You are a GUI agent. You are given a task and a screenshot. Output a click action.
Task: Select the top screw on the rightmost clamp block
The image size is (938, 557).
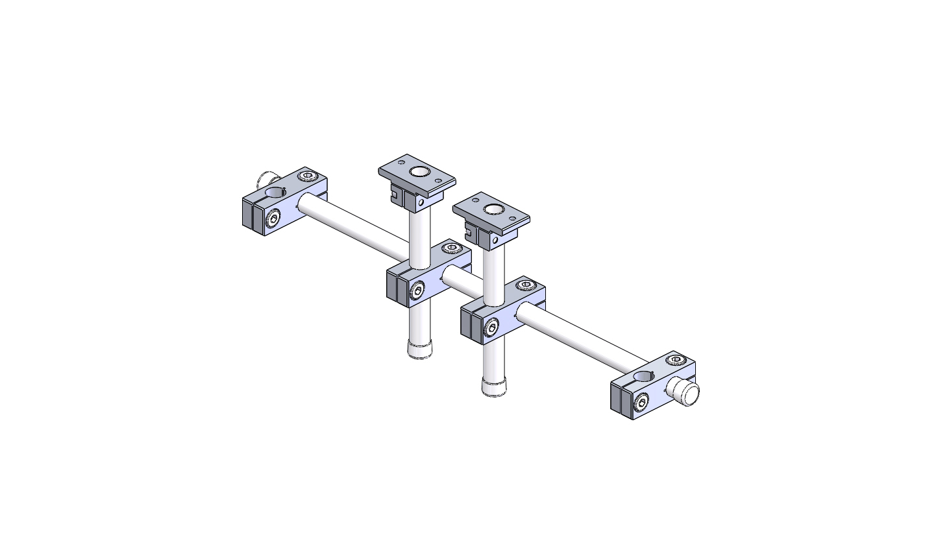click(676, 359)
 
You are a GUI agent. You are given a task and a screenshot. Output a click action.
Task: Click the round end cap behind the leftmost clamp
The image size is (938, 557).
click(266, 180)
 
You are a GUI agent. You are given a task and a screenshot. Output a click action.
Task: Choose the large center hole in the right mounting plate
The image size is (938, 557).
click(493, 209)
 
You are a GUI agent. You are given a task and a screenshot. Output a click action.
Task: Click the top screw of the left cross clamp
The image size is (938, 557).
click(452, 248)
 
